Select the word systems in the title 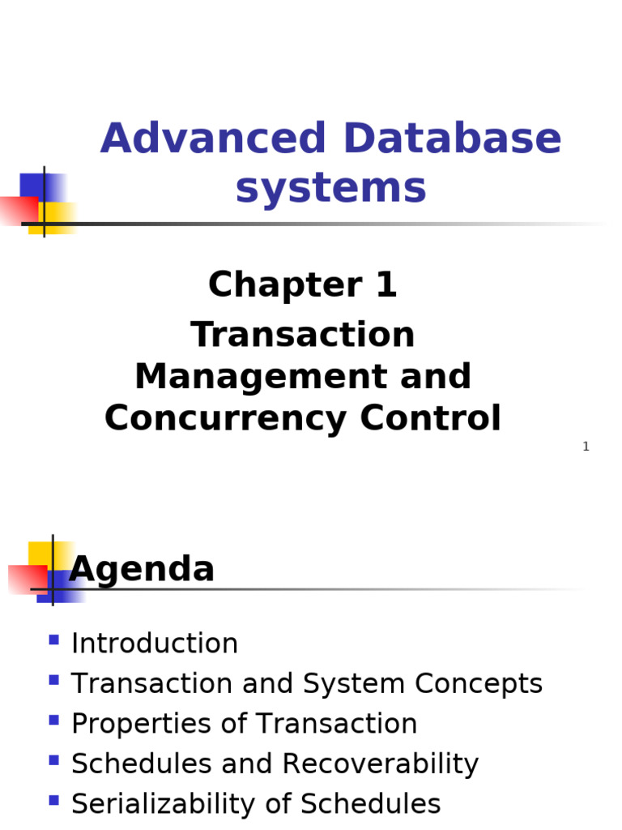coord(330,188)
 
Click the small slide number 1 coord(586,447)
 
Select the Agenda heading coord(142,569)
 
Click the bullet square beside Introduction coord(53,640)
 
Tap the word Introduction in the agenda coord(155,644)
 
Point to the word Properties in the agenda coord(142,724)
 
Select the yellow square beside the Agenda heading coord(40,554)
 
